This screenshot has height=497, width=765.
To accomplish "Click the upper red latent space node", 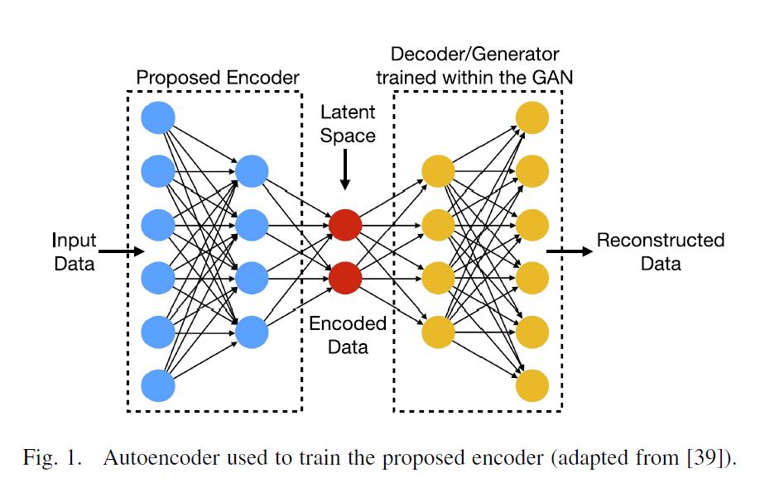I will [344, 225].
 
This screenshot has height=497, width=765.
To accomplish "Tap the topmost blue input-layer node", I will [158, 117].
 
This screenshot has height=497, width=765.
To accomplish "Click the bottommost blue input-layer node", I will [158, 385].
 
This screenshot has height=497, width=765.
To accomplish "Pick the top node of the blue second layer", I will [252, 171].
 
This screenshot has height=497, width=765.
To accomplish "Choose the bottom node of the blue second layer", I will [252, 332].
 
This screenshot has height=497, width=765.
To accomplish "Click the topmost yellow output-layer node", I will [532, 117].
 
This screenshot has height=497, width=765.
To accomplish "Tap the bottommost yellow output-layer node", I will [532, 385].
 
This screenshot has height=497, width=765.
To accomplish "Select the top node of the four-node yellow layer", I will [439, 171].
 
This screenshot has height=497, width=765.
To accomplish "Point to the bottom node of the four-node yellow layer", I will [439, 332].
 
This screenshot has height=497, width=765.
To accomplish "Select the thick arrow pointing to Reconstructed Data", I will [570, 251].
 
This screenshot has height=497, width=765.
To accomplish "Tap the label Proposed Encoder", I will [217, 78].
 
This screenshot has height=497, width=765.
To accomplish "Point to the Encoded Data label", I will [347, 334].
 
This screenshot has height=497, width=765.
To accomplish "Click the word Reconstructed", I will [660, 241].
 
